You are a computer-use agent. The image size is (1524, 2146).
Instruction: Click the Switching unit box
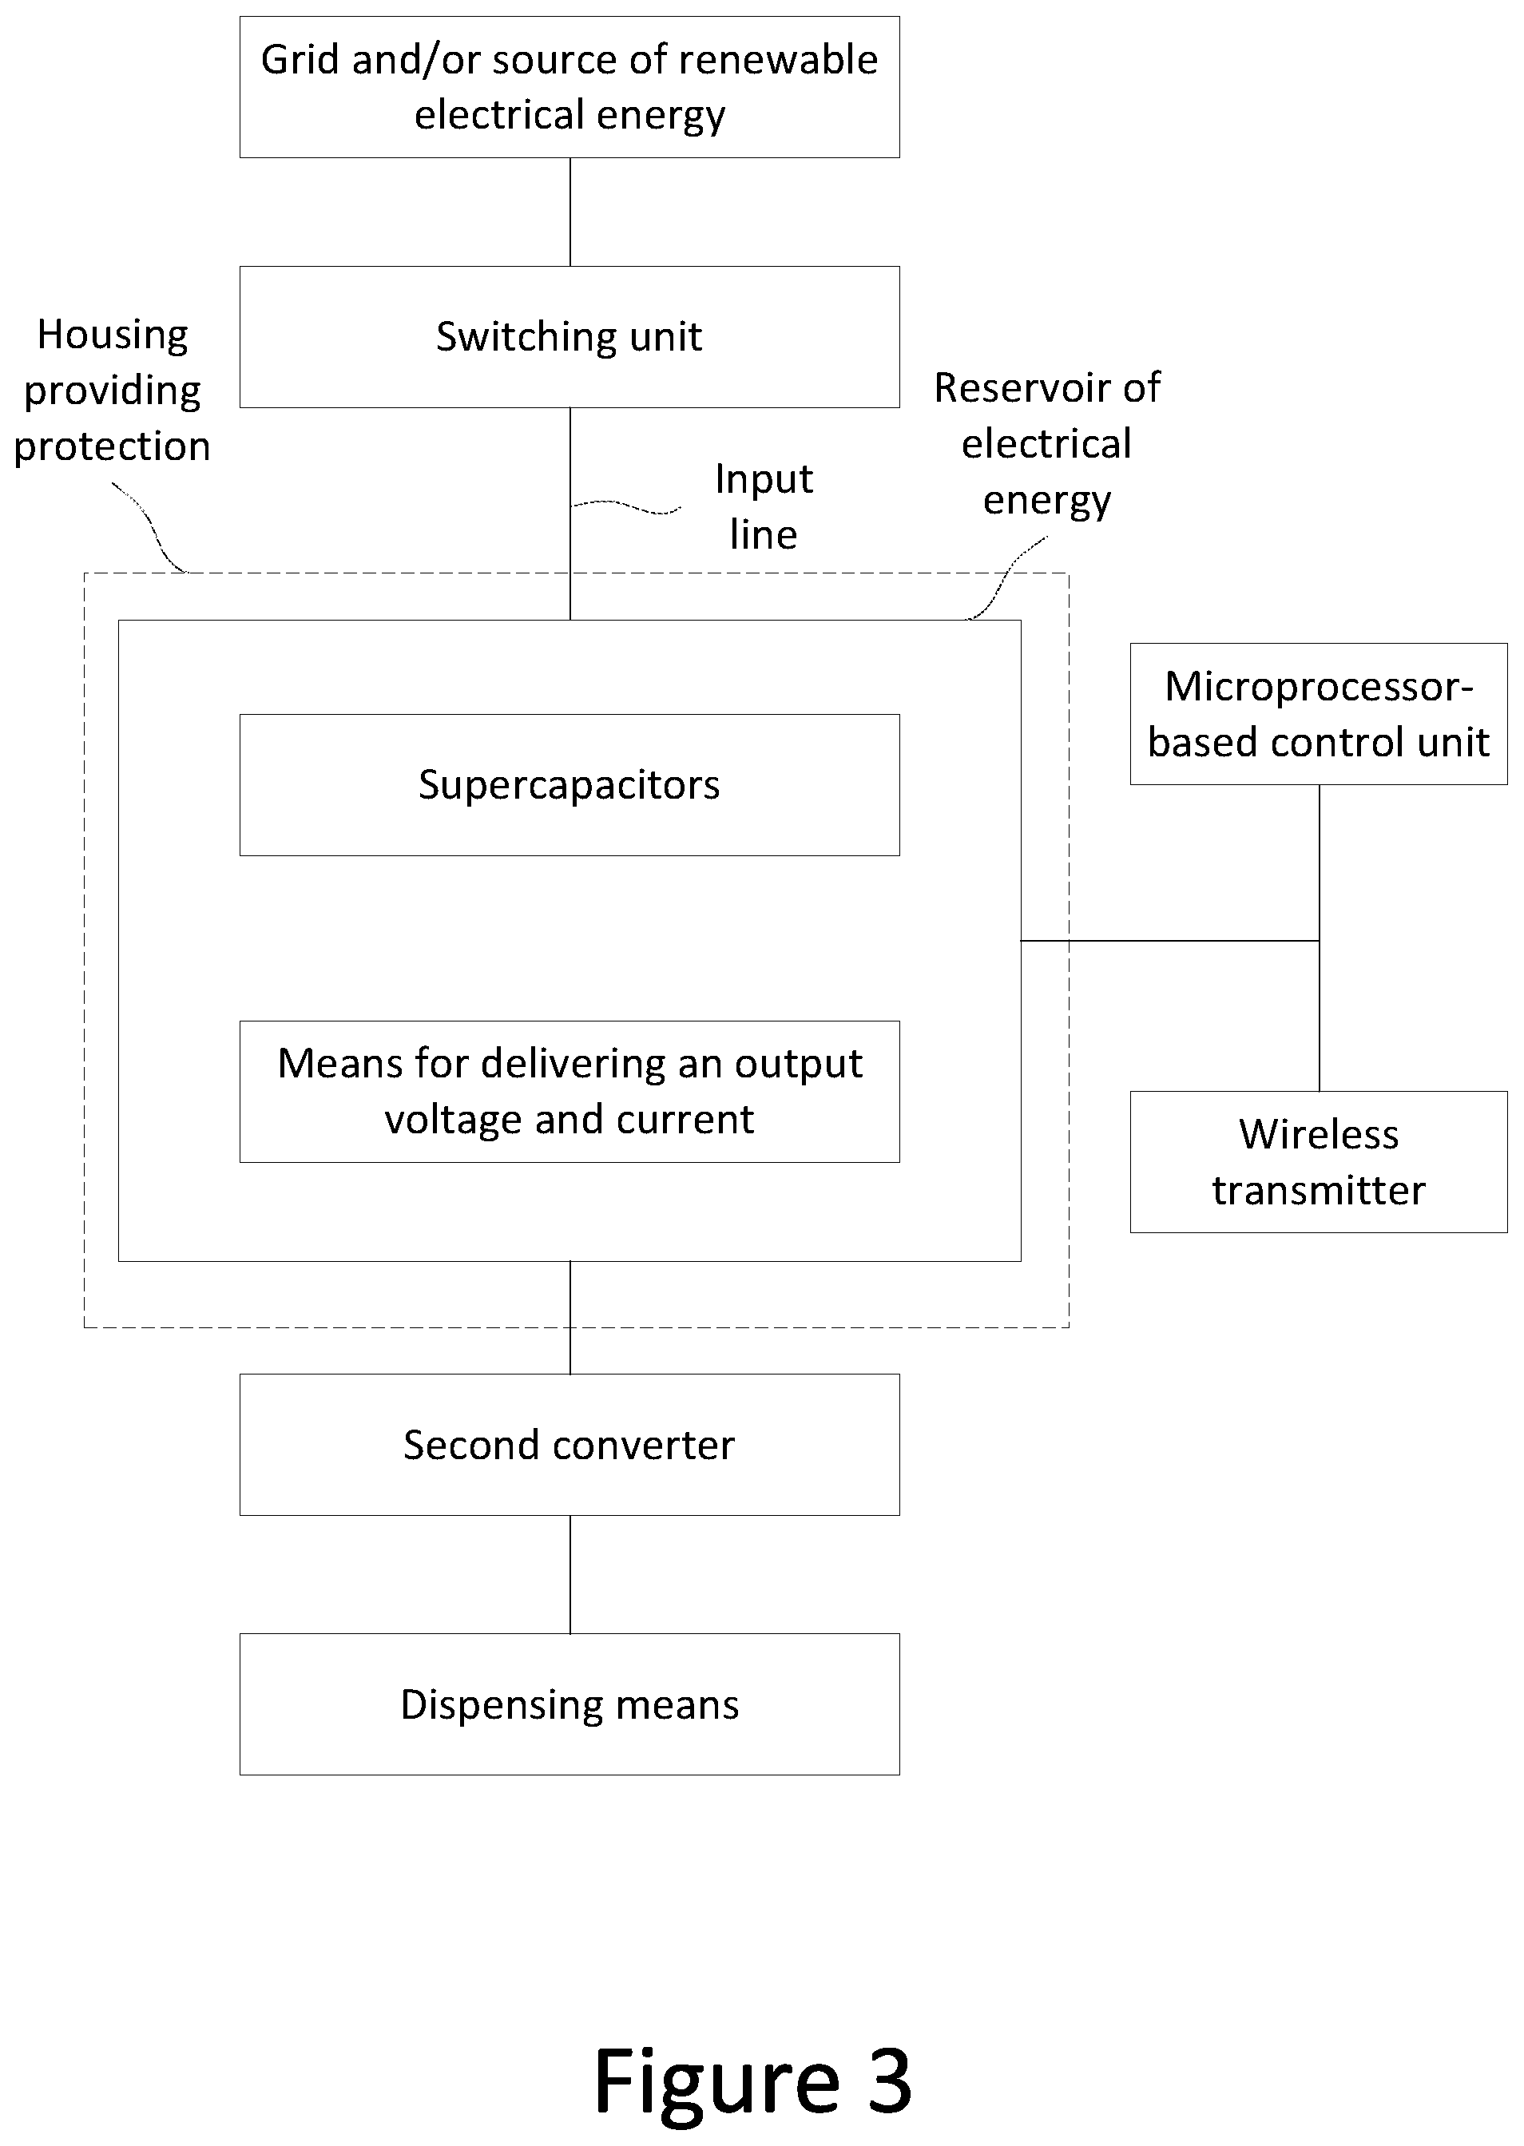click(570, 337)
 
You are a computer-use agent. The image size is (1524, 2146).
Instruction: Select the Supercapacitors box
click(570, 785)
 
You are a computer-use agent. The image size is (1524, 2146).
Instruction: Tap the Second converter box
click(570, 1445)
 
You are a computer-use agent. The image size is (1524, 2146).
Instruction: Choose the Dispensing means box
click(570, 1705)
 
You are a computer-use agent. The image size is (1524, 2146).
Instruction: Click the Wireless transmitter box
click(1319, 1162)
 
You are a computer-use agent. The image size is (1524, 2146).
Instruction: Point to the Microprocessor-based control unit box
click(1319, 714)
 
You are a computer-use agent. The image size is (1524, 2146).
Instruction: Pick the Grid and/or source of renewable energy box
click(570, 87)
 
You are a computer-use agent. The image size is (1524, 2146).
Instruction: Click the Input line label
click(764, 506)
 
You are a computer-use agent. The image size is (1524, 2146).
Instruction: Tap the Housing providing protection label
click(113, 391)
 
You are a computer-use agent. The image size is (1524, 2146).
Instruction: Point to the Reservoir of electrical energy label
click(1047, 445)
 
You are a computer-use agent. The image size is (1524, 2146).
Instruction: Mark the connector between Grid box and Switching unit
click(570, 212)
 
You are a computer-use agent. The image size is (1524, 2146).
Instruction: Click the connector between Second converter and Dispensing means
click(570, 1574)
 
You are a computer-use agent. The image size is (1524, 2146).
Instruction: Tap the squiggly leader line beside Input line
click(626, 506)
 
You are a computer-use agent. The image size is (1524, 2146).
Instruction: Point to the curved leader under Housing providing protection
click(150, 526)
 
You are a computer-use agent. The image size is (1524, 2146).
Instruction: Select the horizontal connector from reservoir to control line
click(1170, 940)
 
